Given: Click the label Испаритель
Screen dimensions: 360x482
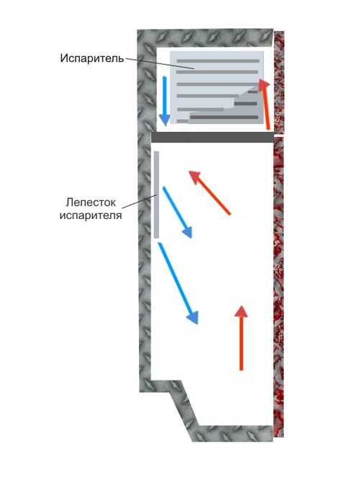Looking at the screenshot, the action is [x=92, y=58].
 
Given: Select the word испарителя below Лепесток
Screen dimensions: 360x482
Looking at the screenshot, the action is [x=91, y=215].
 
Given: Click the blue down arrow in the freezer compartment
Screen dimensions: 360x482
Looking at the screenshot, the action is [x=165, y=101].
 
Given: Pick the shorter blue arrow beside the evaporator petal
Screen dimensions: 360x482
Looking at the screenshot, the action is [x=177, y=212].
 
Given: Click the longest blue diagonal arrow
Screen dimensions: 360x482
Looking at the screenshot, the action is [x=178, y=283].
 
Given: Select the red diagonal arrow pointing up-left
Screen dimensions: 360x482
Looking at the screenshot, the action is [x=210, y=193].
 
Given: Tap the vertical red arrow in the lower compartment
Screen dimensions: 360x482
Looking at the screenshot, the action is [x=241, y=338].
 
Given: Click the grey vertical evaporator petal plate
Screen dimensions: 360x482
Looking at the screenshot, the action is [x=157, y=195].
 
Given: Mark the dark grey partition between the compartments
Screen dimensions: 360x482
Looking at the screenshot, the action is [x=212, y=138].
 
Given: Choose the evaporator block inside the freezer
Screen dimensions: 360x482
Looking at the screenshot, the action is [x=217, y=87].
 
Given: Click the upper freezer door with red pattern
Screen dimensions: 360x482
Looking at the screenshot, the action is [x=279, y=82].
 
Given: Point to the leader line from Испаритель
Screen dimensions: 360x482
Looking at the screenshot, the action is [x=160, y=63].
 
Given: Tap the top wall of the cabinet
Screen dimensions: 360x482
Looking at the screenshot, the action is [x=205, y=38].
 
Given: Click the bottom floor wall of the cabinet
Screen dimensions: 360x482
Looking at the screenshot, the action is [x=233, y=434].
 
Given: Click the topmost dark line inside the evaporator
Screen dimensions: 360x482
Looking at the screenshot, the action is [x=217, y=61].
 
